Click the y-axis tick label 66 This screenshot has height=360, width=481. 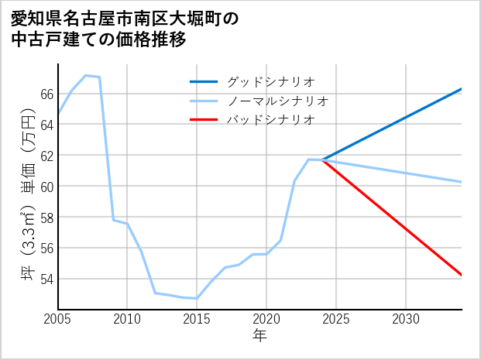tap(46, 94)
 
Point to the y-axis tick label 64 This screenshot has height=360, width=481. tap(46, 125)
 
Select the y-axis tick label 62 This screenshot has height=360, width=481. tap(46, 156)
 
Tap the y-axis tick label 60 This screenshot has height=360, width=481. tap(46, 187)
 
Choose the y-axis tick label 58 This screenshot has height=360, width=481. tap(46, 218)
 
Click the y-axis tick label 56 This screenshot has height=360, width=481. tap(46, 249)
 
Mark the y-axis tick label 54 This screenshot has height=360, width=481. tap(46, 279)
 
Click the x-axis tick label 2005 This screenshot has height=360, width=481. tap(57, 319)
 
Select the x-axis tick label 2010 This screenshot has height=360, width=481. tap(127, 319)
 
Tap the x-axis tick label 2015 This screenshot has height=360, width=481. tap(197, 319)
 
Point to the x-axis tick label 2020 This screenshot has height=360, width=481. tap(266, 319)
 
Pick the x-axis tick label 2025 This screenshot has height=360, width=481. tap(336, 319)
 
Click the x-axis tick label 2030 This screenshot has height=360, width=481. tap(406, 319)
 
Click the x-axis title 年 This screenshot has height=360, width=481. tap(259, 336)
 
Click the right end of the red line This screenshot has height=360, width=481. tap(462, 275)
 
